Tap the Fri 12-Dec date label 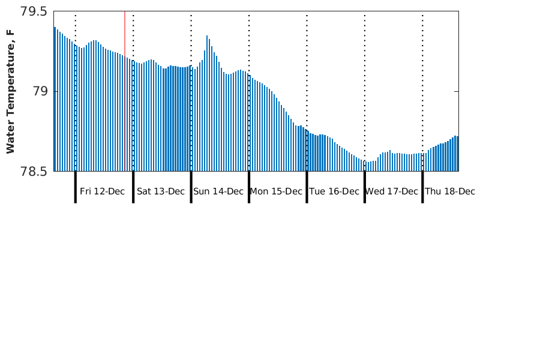[x=102, y=191]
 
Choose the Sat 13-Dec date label [x=161, y=191]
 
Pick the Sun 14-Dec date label [x=218, y=191]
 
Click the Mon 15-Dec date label [x=276, y=191]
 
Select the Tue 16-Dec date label [x=334, y=191]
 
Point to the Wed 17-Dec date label [x=392, y=191]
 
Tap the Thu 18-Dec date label [x=450, y=191]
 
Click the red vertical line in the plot [x=125, y=90]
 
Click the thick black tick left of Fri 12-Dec [x=76, y=187]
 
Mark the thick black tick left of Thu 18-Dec [x=422, y=187]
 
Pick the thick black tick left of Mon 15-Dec [x=249, y=187]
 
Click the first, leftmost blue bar [x=55, y=99]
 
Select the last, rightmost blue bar [x=457, y=154]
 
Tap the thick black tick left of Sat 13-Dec [x=133, y=187]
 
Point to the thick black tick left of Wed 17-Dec [x=365, y=187]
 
